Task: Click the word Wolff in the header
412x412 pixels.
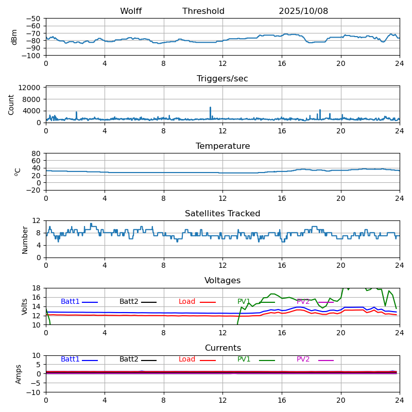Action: tap(131, 11)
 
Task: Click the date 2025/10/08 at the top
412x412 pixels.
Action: tap(303, 11)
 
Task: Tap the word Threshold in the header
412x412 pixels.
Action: tap(203, 11)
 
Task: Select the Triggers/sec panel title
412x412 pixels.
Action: tap(222, 79)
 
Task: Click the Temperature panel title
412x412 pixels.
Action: tap(222, 146)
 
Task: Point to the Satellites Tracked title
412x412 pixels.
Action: tap(222, 214)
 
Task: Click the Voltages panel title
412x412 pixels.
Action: tap(222, 281)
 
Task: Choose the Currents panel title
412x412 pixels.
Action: tap(222, 348)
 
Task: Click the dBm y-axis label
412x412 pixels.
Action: tap(14, 37)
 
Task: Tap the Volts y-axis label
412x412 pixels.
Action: tap(25, 306)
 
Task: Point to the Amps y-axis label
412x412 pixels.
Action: tap(19, 374)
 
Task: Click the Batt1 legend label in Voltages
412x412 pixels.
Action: tap(70, 302)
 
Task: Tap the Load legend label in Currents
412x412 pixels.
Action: tap(187, 359)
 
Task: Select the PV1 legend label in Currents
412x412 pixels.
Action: tap(244, 359)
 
